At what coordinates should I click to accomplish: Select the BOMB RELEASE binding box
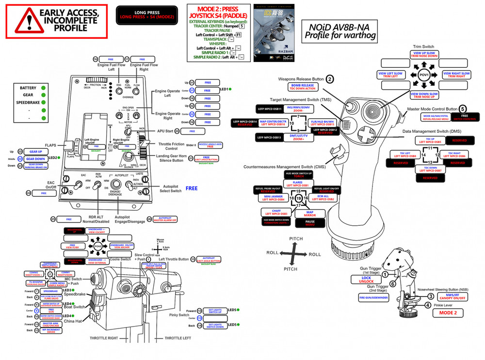point(303,87)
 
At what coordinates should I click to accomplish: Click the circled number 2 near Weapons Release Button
point(330,79)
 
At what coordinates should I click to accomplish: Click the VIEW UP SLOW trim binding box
point(424,54)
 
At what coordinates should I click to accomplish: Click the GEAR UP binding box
point(35,152)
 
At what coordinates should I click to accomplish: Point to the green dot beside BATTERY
point(44,88)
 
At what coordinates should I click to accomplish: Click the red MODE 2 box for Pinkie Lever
point(448,313)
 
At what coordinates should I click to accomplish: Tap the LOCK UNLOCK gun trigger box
point(366,279)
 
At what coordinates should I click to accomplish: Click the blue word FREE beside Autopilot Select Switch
point(191,188)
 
